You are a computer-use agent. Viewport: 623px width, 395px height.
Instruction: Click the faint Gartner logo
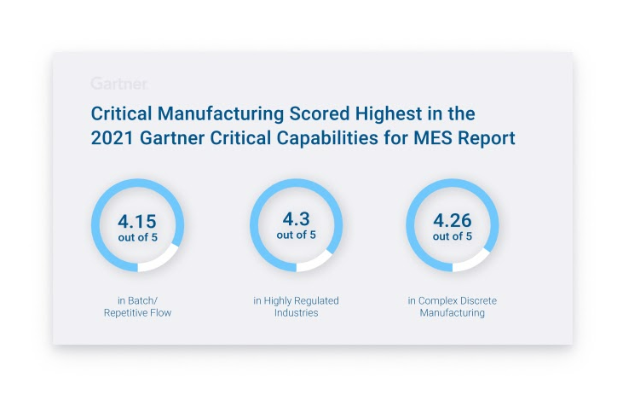pyautogui.click(x=119, y=84)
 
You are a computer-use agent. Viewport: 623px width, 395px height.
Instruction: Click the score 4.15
pyautogui.click(x=137, y=222)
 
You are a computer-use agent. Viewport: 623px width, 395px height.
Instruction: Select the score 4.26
pyautogui.click(x=452, y=222)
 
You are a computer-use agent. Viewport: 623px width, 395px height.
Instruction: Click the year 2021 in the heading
pyautogui.click(x=112, y=137)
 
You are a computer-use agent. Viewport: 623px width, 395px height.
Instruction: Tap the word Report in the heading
pyautogui.click(x=486, y=137)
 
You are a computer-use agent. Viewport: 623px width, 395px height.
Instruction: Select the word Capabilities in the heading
pyautogui.click(x=326, y=137)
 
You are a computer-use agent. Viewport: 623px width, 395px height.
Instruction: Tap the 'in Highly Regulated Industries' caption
pyautogui.click(x=296, y=307)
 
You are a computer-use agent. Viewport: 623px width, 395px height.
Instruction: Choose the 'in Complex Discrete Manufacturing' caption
pyautogui.click(x=452, y=307)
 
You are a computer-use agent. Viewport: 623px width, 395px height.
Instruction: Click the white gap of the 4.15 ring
pyautogui.click(x=161, y=260)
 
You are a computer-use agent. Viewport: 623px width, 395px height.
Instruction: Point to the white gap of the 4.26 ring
pyautogui.click(x=475, y=261)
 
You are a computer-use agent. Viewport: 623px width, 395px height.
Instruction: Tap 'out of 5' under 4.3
pyautogui.click(x=296, y=235)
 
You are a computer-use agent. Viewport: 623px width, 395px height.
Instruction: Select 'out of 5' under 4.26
pyautogui.click(x=452, y=237)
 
